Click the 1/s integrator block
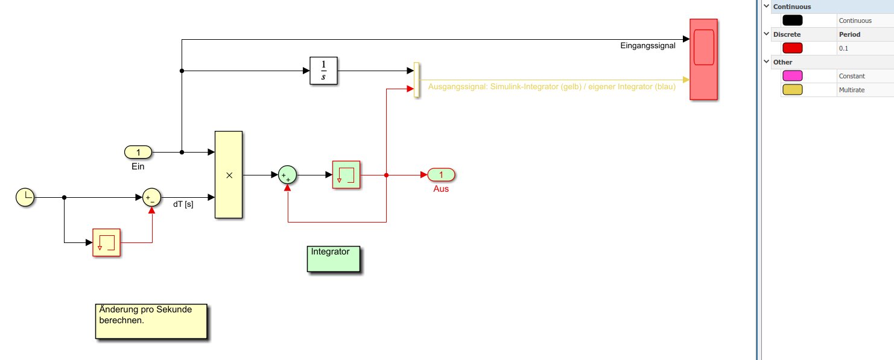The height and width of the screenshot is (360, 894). click(323, 71)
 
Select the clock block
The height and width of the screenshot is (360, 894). click(25, 197)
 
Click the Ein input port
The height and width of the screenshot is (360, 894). click(138, 153)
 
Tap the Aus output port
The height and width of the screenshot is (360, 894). click(441, 175)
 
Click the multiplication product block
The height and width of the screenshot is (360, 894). click(229, 174)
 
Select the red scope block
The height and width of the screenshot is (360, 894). click(703, 58)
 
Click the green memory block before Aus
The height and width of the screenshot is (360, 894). click(346, 175)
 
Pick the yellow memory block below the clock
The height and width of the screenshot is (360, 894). click(106, 242)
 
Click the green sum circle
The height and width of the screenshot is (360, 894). click(288, 175)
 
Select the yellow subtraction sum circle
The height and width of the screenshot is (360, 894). click(151, 197)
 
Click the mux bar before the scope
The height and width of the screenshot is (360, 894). click(416, 79)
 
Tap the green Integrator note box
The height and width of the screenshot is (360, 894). click(334, 259)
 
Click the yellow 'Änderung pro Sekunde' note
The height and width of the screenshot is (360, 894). click(151, 321)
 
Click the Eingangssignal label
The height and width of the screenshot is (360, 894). click(647, 45)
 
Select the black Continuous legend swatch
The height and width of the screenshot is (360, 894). click(792, 21)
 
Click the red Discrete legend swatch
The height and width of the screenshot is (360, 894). click(792, 48)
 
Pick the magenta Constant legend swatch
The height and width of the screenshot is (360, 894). click(792, 76)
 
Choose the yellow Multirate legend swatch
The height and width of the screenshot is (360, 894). click(792, 90)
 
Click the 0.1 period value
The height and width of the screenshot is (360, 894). click(843, 48)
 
